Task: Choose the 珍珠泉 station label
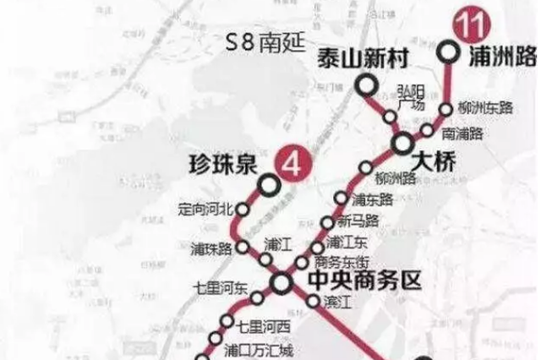(221, 165)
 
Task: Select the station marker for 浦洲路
(450, 52)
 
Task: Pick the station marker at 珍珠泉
(268, 183)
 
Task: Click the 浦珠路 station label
(211, 248)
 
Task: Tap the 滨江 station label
(336, 301)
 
